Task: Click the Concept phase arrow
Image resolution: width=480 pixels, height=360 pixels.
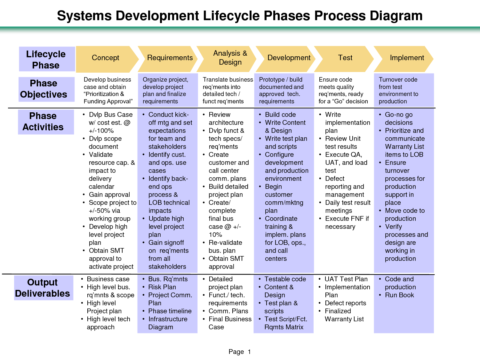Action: pos(107,59)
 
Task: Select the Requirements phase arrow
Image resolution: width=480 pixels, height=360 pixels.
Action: pos(168,59)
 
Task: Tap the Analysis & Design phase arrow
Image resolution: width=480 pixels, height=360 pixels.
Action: pos(227,59)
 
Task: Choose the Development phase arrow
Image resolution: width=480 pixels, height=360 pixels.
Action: pos(285,59)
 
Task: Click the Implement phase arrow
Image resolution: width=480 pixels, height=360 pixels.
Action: pos(404,59)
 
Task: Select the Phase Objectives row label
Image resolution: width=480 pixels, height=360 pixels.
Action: pos(46,89)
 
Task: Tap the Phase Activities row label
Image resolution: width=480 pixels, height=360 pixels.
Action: pos(46,122)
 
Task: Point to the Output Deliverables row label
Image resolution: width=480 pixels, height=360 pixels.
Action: pos(44,288)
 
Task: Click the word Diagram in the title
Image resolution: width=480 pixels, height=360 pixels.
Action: pos(396,16)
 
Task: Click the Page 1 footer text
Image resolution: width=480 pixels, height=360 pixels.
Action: pos(240,351)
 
